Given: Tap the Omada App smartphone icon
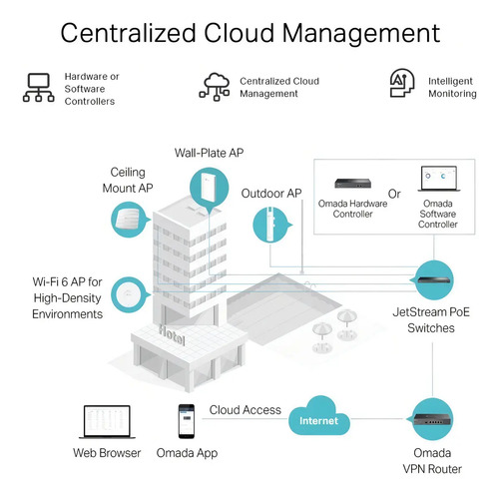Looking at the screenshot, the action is coord(187,421).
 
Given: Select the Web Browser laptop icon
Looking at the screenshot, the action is coord(107,422).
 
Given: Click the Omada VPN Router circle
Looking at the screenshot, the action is coord(432,419).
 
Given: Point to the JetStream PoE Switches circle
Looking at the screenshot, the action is coord(433,280).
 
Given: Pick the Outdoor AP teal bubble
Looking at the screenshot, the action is coord(271,225).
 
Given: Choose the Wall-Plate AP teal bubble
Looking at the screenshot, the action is coord(210,189).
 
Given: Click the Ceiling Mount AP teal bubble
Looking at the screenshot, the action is coord(129,220).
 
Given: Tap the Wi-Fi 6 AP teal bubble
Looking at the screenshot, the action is coord(129,294).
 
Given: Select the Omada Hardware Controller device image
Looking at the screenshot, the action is coord(352,183).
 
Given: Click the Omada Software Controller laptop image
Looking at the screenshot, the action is coord(439,179).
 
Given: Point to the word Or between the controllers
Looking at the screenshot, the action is coord(394,194).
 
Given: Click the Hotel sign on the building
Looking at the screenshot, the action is coord(172,334).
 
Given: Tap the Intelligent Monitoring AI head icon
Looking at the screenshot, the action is coord(402,83).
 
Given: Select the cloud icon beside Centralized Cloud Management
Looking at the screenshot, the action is coord(215,87).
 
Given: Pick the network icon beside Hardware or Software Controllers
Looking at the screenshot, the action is coord(39,88).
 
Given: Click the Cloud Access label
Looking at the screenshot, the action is coord(246,410).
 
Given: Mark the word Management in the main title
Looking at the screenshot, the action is coord(361,34).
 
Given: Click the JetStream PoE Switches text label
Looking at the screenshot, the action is coord(431,320).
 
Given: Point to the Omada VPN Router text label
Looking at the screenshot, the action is coord(432,461).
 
